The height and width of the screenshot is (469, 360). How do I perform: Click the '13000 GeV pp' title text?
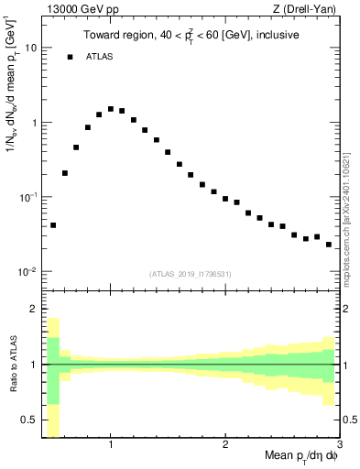76,10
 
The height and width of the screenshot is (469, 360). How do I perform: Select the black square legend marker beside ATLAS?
70,57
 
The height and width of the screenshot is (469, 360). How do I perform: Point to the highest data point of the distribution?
111,109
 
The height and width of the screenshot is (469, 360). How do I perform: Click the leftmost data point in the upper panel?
53,225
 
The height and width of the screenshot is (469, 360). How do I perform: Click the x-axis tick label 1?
111,444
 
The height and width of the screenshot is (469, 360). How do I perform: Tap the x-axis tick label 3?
339,444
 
